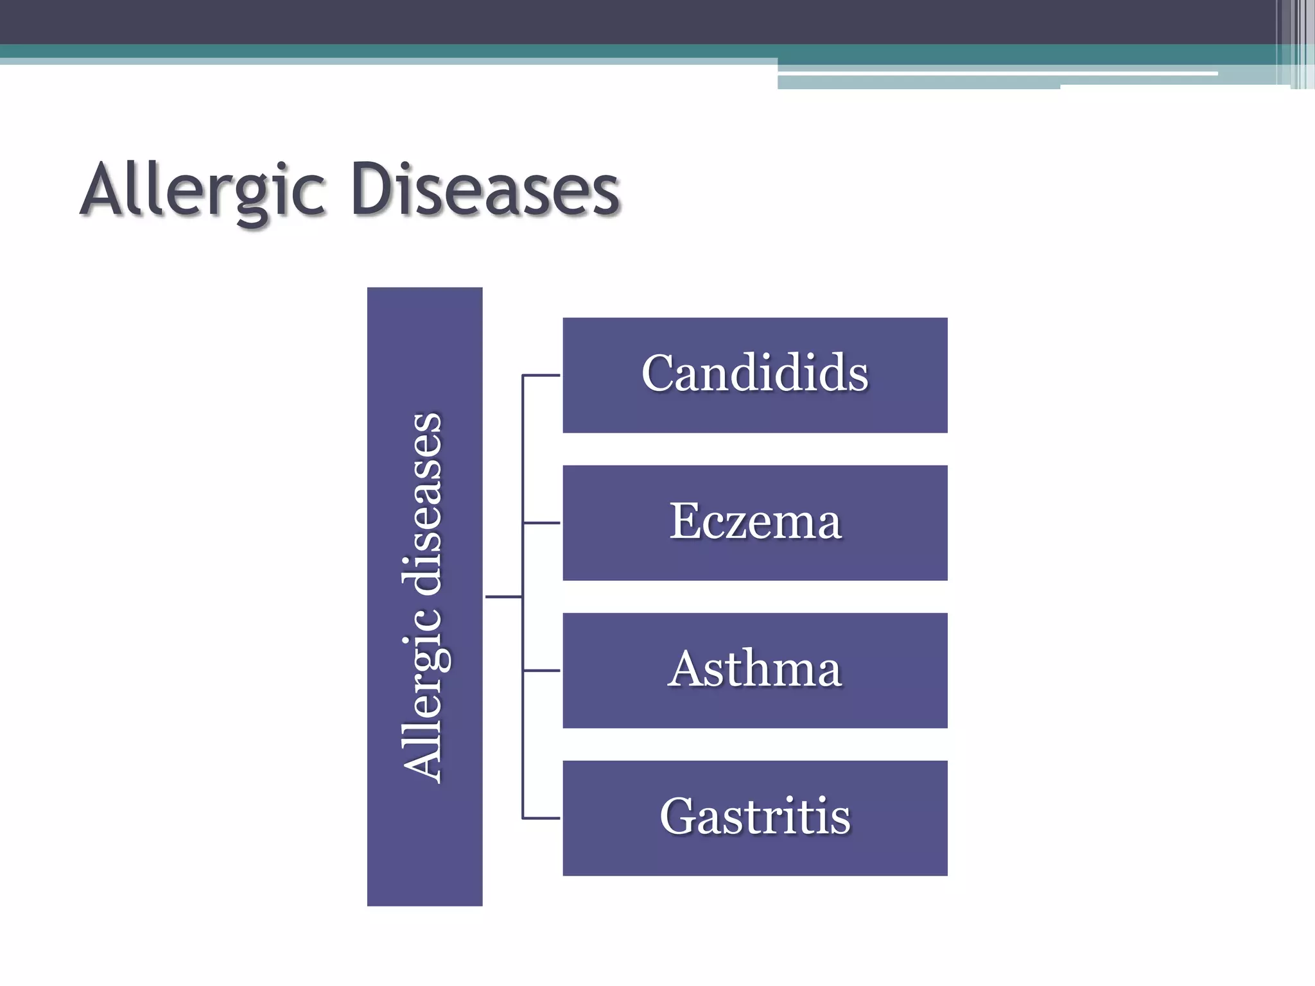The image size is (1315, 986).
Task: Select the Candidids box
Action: pos(754,375)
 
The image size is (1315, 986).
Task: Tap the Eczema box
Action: pos(754,523)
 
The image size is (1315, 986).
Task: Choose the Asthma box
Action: pos(754,670)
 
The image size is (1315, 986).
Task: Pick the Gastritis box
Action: pos(754,818)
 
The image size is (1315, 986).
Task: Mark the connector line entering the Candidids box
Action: pos(541,375)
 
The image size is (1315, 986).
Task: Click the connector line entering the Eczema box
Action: pos(541,523)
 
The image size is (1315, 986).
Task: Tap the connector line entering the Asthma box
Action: pos(541,671)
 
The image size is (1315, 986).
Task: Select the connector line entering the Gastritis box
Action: pos(541,818)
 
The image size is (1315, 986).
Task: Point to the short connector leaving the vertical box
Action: pos(503,597)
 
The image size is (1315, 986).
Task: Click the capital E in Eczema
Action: pos(684,521)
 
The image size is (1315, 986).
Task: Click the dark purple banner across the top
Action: pos(578,21)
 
